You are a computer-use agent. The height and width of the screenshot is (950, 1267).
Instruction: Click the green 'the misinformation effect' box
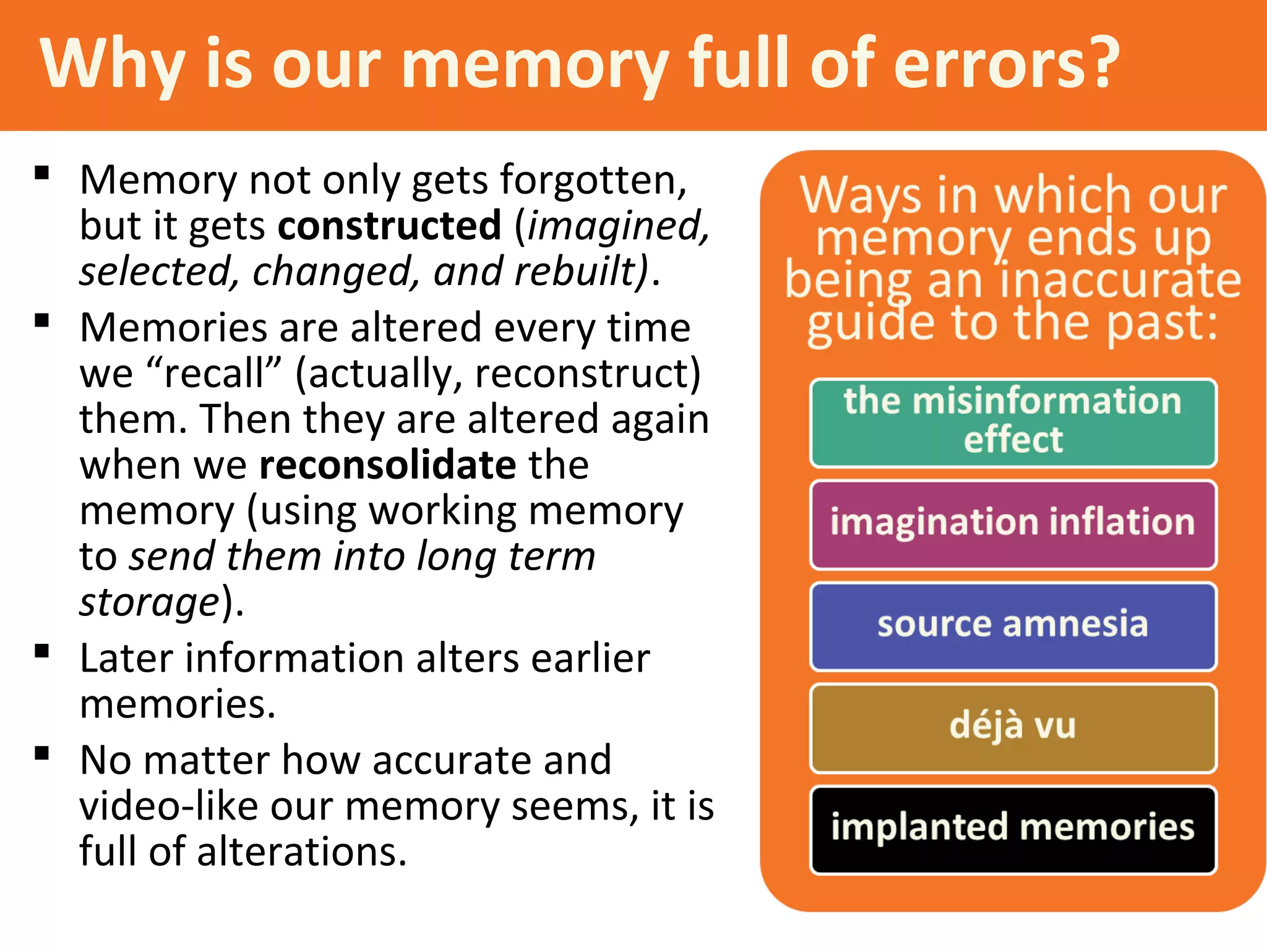(1013, 422)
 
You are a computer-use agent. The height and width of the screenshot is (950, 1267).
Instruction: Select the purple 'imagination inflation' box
(1013, 524)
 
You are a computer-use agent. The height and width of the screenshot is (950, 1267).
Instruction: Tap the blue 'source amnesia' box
(1013, 625)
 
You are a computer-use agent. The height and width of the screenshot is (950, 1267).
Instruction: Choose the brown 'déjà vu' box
(1013, 727)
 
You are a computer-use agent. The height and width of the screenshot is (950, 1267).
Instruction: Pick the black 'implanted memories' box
(1013, 829)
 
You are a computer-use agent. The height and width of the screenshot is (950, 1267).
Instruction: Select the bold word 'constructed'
(389, 226)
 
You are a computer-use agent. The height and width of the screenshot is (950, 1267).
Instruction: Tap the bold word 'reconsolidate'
(387, 465)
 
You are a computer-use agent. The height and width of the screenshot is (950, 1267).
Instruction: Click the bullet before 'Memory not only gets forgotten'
(42, 173)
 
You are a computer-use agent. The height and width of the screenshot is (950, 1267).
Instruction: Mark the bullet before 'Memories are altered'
(42, 320)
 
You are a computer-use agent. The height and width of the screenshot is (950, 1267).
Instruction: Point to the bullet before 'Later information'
(42, 651)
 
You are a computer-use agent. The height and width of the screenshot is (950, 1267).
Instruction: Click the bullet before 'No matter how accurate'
(42, 753)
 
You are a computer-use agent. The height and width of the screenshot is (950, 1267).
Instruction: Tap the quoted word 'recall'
(214, 374)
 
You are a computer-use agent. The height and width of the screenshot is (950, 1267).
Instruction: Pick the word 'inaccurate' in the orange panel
(1120, 280)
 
